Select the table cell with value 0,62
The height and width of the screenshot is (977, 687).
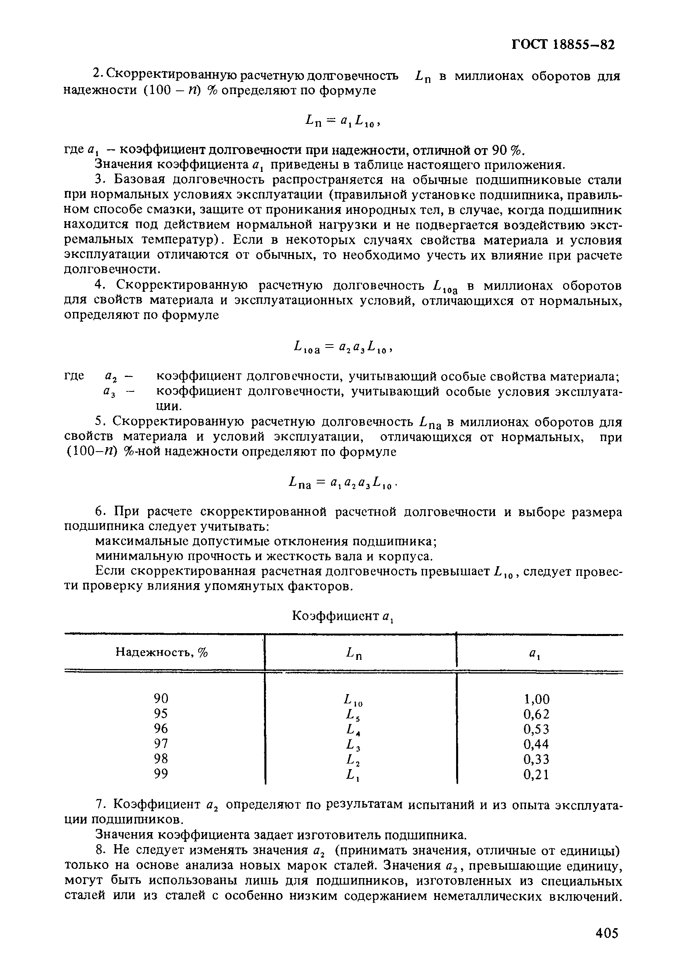(536, 713)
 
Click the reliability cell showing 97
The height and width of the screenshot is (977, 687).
(161, 743)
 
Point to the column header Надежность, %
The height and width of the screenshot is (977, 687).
(161, 652)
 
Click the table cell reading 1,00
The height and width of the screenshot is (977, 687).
(536, 699)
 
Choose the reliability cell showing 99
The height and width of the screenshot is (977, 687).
(161, 774)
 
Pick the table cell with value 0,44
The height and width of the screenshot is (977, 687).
(536, 744)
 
